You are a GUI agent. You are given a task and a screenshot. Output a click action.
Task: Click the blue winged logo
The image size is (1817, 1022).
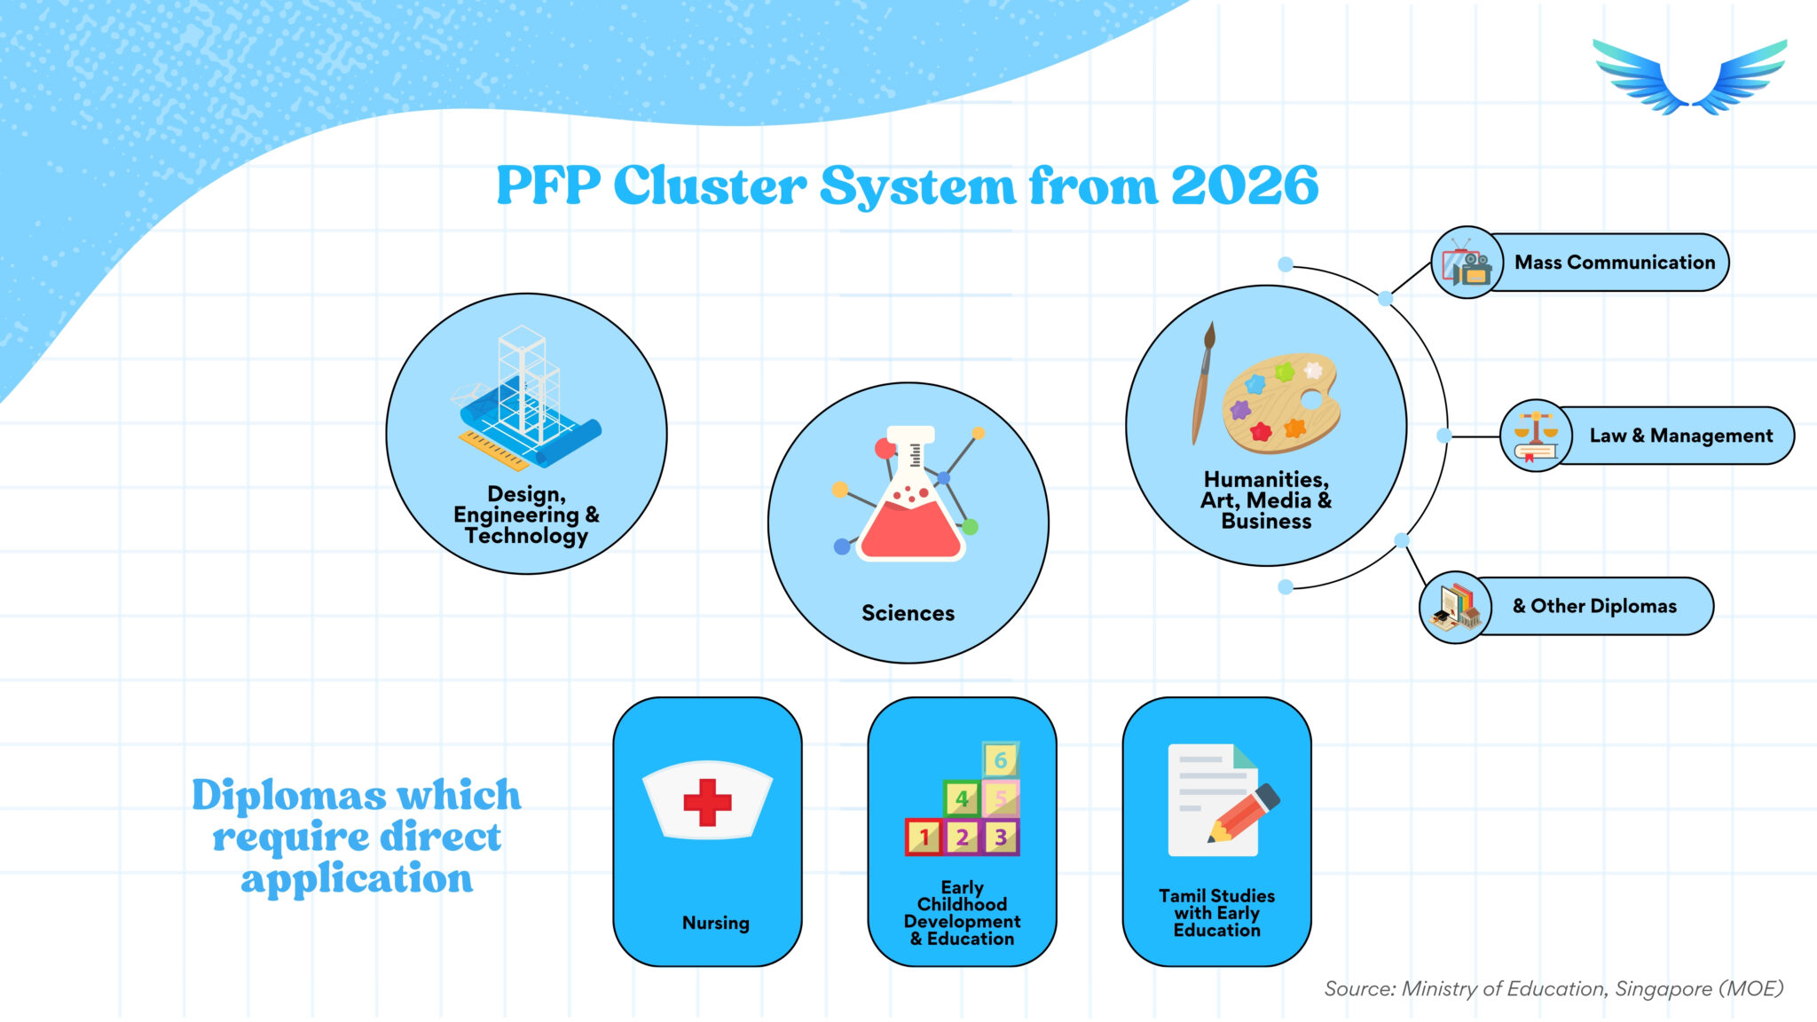coord(1689,77)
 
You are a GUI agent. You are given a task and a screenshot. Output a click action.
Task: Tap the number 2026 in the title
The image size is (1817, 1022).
coord(1244,185)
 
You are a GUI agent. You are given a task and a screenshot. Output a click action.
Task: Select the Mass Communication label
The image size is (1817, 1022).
coord(1615,263)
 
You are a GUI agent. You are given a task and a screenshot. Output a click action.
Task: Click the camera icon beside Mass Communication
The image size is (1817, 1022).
coord(1467,263)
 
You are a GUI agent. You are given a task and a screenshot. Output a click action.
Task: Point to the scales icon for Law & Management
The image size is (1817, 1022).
coord(1536,436)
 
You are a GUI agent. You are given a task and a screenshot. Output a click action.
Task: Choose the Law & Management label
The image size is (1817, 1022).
coord(1681,436)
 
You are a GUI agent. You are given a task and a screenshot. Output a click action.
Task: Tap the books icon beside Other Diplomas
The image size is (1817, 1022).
coord(1455,608)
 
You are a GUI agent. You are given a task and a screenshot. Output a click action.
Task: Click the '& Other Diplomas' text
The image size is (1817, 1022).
coord(1594,606)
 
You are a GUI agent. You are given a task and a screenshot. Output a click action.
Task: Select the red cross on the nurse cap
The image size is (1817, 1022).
coord(707,802)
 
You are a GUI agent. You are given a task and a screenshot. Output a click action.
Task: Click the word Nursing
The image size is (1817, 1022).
coord(715,923)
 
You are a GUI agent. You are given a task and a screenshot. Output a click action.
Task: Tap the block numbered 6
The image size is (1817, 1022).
coord(1001,759)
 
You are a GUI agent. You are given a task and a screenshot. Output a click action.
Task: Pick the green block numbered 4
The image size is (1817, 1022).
coord(962,798)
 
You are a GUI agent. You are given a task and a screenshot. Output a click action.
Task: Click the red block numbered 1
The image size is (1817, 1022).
coord(924,837)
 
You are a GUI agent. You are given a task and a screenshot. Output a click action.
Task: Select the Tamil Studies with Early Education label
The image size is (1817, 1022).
coord(1216,913)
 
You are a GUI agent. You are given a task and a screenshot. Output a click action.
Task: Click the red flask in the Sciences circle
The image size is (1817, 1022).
coord(910,497)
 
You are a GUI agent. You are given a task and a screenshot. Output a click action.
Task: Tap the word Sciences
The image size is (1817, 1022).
coord(908,613)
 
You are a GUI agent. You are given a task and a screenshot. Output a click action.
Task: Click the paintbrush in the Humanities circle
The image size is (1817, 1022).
coord(1202,382)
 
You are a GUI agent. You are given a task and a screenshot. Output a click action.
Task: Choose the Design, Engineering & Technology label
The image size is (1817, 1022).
coord(526,515)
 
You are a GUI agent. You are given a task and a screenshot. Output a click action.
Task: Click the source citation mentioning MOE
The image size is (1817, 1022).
coord(1553,988)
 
